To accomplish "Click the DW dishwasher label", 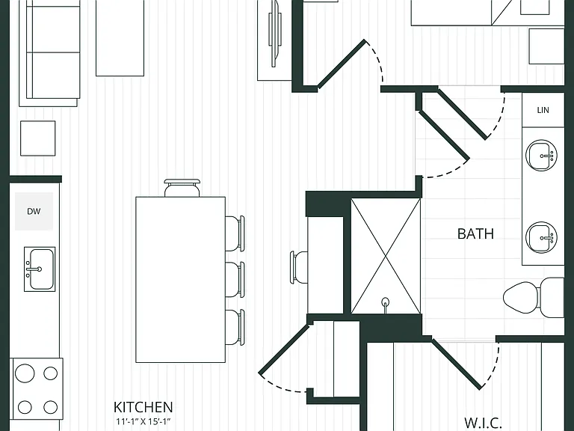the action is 34,211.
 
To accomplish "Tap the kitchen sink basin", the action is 40,269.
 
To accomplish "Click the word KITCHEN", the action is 143,407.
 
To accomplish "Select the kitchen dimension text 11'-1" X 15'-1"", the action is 143,421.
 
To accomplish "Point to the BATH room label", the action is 475,233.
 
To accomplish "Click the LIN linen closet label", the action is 543,110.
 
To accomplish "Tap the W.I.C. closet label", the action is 483,423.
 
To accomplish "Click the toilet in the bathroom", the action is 534,297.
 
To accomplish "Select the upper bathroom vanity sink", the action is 541,155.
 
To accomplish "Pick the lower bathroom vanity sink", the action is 541,237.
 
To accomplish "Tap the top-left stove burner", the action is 25,373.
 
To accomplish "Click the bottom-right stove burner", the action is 51,407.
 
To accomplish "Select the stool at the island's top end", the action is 182,188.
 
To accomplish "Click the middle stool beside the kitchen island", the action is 235,279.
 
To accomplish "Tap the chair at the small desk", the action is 299,267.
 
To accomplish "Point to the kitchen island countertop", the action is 180,280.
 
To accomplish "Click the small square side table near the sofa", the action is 37,138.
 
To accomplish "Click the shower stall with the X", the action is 386,256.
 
